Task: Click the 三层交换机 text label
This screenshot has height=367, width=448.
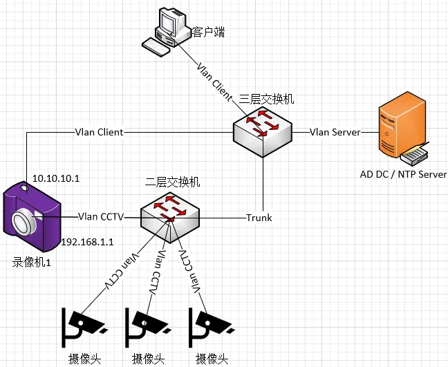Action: click(266, 100)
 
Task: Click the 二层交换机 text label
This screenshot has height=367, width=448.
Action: click(173, 182)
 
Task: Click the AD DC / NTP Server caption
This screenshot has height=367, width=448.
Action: click(403, 174)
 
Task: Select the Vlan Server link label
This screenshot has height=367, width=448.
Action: click(335, 132)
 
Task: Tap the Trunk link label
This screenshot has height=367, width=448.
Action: click(259, 218)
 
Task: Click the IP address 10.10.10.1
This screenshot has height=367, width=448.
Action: click(56, 178)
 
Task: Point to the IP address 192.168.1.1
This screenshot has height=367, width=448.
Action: click(87, 242)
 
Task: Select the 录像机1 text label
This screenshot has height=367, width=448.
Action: click(32, 262)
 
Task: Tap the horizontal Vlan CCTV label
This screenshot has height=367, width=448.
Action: click(101, 216)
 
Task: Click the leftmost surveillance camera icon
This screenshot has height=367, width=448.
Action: click(83, 326)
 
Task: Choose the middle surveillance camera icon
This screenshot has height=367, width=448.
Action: click(147, 326)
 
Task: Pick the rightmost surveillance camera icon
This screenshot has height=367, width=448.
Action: click(210, 326)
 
